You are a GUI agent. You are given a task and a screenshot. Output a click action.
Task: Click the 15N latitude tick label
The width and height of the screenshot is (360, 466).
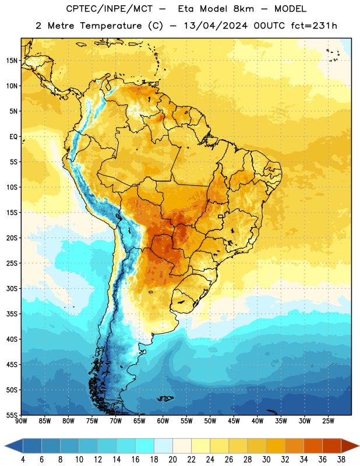(x=12, y=61)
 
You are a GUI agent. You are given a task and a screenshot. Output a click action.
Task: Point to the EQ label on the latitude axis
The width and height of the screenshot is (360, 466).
(x=13, y=137)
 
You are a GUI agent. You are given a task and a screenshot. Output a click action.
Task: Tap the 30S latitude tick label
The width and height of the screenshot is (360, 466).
(x=12, y=288)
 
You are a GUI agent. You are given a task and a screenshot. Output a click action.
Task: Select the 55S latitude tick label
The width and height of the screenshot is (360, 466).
(x=12, y=415)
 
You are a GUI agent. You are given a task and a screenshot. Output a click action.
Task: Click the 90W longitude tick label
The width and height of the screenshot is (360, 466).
(x=21, y=421)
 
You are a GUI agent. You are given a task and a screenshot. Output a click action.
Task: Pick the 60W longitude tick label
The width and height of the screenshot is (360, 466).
(x=163, y=421)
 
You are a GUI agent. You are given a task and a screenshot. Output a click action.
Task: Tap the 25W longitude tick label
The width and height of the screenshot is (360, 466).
(x=328, y=421)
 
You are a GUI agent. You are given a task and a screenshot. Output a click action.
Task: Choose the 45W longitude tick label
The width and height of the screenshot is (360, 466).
(x=234, y=421)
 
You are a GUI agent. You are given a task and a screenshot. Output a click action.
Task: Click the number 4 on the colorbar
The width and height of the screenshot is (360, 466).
(x=23, y=460)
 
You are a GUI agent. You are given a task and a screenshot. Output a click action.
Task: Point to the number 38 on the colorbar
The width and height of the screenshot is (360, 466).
(x=341, y=460)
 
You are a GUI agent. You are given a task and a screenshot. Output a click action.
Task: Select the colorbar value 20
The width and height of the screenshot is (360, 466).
(x=172, y=460)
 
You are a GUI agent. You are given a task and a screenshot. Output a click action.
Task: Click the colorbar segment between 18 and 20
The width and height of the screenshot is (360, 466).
(x=163, y=446)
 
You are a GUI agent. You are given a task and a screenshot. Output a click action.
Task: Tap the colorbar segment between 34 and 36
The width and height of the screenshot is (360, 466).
(x=313, y=446)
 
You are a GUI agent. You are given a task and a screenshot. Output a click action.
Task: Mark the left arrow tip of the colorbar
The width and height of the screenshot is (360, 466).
(x=5, y=446)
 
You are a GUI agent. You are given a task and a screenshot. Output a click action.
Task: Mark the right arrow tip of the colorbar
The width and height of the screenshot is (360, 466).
(x=359, y=446)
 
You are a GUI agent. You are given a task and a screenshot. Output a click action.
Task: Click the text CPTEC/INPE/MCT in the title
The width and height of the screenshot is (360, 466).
(x=109, y=9)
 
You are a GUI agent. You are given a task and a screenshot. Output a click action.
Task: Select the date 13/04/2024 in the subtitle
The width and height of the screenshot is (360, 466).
(x=216, y=26)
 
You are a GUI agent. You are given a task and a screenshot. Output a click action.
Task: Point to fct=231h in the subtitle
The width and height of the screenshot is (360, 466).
(x=314, y=26)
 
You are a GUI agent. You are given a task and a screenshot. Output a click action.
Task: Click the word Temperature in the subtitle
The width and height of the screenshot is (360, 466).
(x=111, y=26)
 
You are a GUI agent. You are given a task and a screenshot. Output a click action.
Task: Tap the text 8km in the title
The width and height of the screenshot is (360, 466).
(x=243, y=9)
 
